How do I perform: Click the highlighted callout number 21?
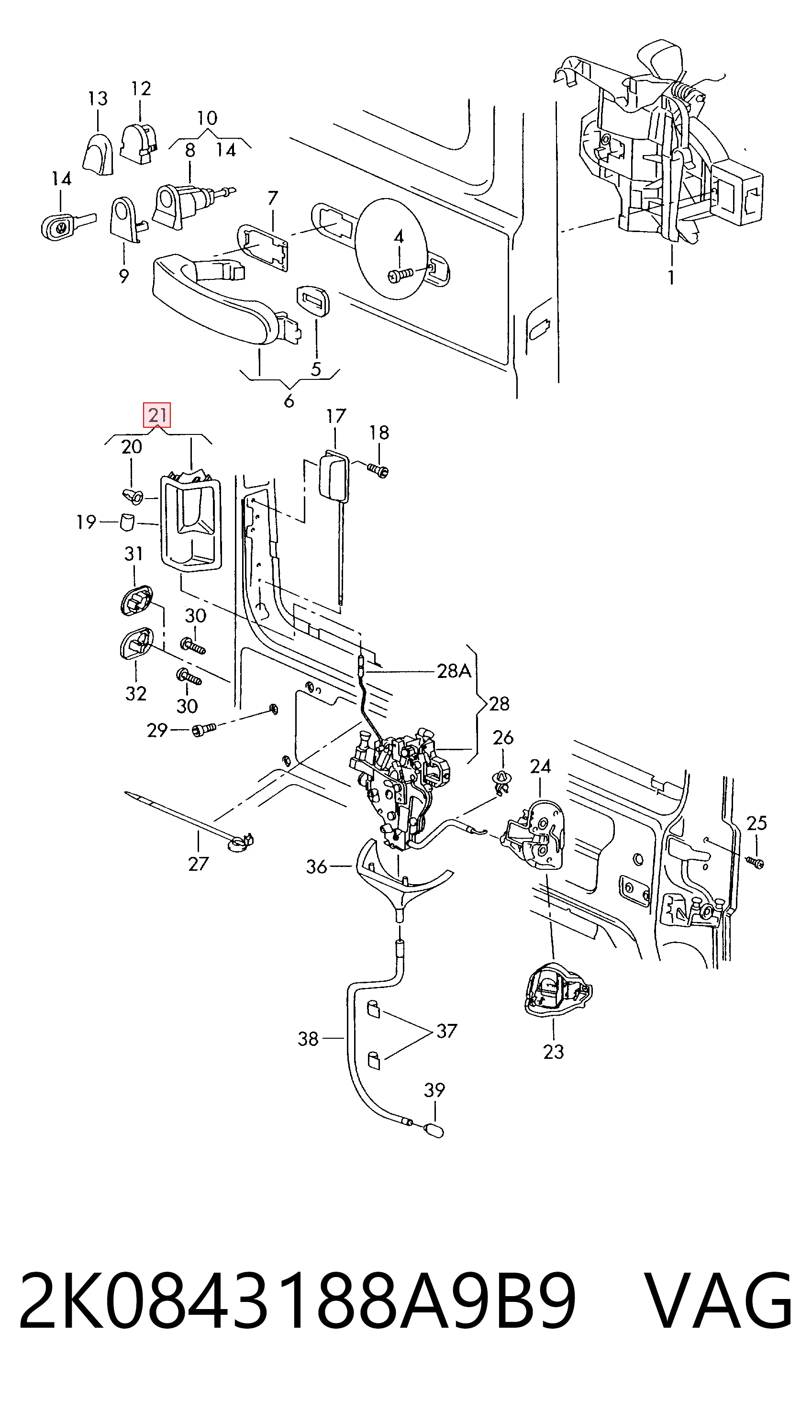coord(157,415)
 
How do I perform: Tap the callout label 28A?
coord(454,671)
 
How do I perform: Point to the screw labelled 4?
coord(401,274)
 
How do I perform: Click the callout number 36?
coord(316,866)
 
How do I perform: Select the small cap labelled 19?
coord(128,522)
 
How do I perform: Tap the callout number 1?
coord(671,277)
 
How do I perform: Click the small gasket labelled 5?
coord(313,301)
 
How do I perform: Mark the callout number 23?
coord(554,1052)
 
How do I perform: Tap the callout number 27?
coord(199,864)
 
